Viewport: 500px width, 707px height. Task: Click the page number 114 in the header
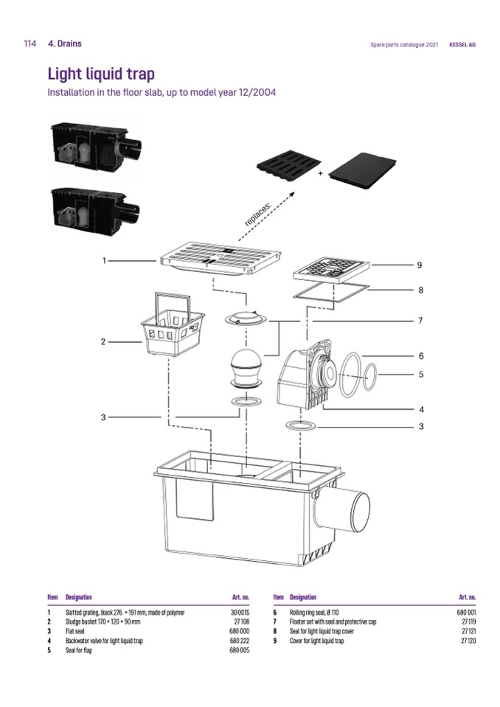(30, 43)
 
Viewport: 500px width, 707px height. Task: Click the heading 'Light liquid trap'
(101, 74)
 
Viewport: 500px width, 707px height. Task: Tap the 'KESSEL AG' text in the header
(462, 44)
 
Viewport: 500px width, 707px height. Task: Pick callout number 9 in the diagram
(420, 265)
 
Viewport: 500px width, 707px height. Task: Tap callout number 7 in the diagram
(420, 321)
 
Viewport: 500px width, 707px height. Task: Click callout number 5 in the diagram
(420, 374)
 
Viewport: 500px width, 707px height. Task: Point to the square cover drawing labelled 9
(330, 271)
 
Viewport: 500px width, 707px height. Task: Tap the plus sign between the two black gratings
(321, 174)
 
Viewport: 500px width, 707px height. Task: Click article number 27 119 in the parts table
(467, 621)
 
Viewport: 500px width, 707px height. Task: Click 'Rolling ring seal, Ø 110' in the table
(313, 612)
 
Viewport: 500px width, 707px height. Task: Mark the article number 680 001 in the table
(466, 612)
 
